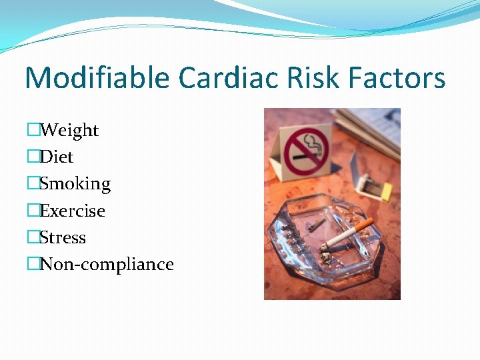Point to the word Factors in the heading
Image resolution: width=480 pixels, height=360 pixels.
click(x=400, y=79)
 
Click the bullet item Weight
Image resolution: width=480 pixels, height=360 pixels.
click(x=69, y=131)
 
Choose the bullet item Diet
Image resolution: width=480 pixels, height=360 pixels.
click(x=57, y=157)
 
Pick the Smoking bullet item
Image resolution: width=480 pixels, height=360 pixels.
click(x=75, y=184)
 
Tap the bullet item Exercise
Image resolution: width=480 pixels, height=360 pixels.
click(x=73, y=211)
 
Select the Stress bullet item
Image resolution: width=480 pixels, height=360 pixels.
click(x=63, y=238)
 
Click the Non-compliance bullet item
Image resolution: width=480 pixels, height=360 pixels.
click(x=107, y=265)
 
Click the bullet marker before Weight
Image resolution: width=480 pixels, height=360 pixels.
click(x=33, y=131)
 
